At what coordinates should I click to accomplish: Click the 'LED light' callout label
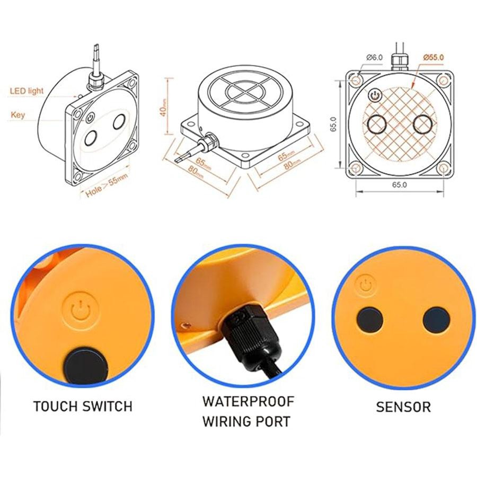coord(27,91)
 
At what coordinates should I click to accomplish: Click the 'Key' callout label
coord(17,115)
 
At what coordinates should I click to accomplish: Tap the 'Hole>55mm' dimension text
coord(106,185)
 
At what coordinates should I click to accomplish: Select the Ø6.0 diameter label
coord(375,57)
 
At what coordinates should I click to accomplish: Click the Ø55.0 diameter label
coord(433,57)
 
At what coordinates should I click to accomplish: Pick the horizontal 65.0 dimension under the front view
coord(400,184)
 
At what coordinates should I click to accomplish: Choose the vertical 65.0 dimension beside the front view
coord(333,124)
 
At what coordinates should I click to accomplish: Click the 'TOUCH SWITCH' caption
coord(83,407)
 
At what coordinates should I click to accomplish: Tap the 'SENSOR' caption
coord(403,407)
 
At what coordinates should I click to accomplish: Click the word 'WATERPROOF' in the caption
coord(248,402)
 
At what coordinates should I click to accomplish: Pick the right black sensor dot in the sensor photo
coord(436,320)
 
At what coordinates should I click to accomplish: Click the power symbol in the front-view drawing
coord(375,95)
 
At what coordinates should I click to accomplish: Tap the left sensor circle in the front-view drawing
coord(377,124)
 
